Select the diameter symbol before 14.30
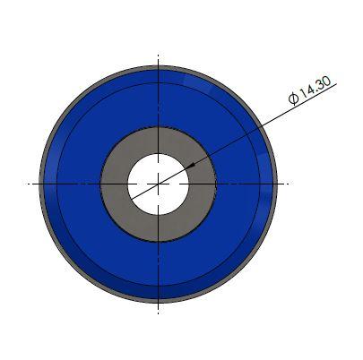pos(294,99)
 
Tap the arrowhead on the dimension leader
pos(192,165)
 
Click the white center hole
pos(159,184)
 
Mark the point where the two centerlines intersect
pos(159,184)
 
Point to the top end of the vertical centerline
pos(159,55)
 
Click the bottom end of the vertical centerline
pos(159,313)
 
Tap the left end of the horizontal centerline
pos(24,184)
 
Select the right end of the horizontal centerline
pos(289,184)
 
